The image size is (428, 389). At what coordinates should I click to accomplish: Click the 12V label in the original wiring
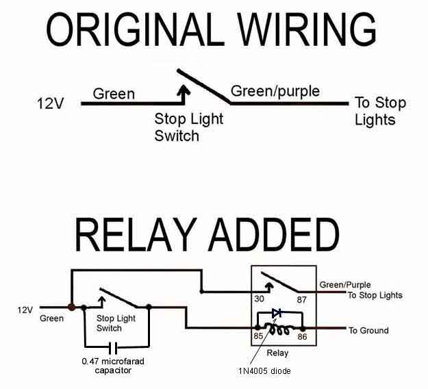click(50, 104)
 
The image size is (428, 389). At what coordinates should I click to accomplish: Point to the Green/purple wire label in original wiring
click(275, 91)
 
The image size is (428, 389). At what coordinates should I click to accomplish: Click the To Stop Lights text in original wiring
click(380, 111)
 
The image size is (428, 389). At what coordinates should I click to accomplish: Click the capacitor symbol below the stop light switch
click(114, 347)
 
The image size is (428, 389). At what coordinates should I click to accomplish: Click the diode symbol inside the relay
click(277, 313)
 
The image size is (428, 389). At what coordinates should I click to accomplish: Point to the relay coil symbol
click(279, 329)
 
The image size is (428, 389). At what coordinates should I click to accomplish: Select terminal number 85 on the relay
click(257, 337)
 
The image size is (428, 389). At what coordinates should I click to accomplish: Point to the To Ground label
click(368, 331)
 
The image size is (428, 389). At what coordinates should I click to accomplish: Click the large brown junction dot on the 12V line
click(71, 308)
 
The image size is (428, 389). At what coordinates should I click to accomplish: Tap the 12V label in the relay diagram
click(25, 310)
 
